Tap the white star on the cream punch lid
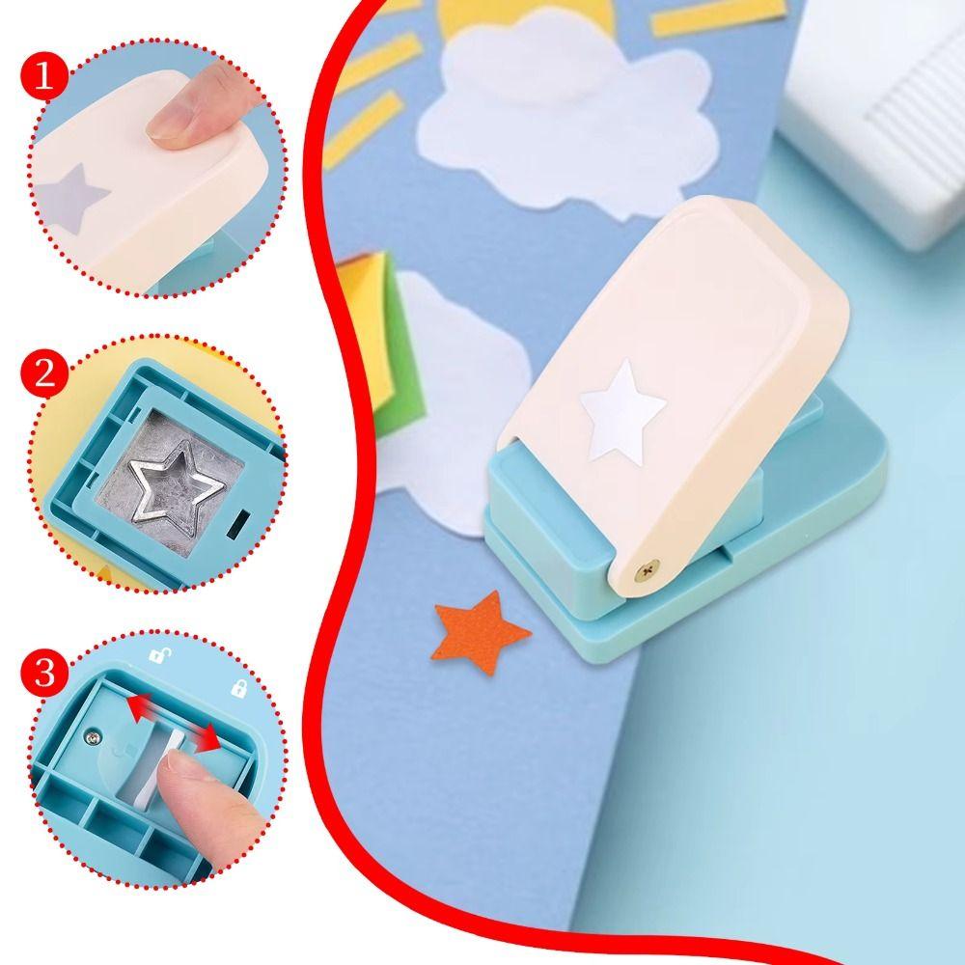(622, 410)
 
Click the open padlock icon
(158, 656)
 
